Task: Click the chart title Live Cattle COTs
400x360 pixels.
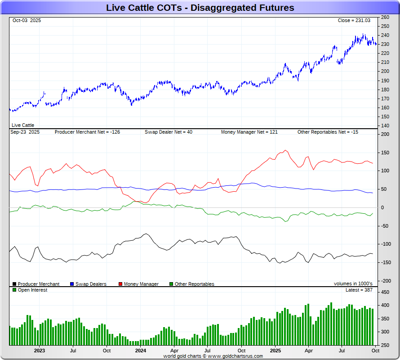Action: click(200, 8)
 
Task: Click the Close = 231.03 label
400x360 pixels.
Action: click(354, 21)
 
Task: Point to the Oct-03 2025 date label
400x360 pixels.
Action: click(27, 21)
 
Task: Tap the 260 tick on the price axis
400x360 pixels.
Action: click(385, 17)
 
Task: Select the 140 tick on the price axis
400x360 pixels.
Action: click(385, 126)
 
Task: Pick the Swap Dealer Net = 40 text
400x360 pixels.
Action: click(169, 132)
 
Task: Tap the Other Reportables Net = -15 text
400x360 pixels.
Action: click(328, 132)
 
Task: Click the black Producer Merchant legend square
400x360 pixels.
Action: click(14, 284)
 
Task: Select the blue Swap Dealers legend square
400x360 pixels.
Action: click(72, 284)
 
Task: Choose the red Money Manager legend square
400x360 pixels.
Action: click(120, 284)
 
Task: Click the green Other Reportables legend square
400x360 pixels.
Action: click(171, 284)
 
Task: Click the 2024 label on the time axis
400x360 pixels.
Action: click(141, 350)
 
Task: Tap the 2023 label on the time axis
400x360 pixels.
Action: click(40, 350)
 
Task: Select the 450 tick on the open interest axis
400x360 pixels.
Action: click(385, 292)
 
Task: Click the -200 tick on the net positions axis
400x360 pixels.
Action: click(385, 281)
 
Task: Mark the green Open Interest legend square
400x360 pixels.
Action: click(14, 290)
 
